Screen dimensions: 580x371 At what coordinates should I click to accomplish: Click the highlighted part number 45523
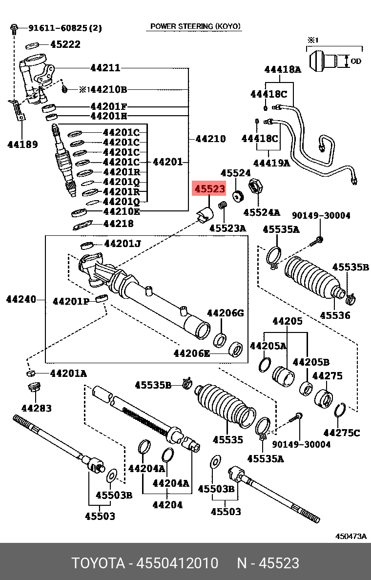209,189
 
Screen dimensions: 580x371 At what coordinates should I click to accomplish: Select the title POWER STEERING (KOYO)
195,26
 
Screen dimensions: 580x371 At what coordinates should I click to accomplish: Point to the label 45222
65,44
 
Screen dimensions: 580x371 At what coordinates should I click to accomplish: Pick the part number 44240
21,299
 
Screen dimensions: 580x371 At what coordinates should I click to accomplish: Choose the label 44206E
191,353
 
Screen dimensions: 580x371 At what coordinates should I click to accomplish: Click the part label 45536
335,315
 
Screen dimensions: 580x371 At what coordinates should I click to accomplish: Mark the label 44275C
341,433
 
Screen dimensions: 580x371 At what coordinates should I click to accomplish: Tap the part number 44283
36,408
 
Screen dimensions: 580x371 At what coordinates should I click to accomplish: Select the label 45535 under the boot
227,440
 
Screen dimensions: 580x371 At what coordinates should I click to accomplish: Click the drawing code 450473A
350,536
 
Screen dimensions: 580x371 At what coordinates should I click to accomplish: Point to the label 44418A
283,69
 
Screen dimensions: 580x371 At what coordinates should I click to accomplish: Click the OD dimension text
356,62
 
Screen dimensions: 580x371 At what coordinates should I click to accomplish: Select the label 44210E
122,211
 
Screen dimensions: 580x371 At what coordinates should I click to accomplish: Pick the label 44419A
271,163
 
